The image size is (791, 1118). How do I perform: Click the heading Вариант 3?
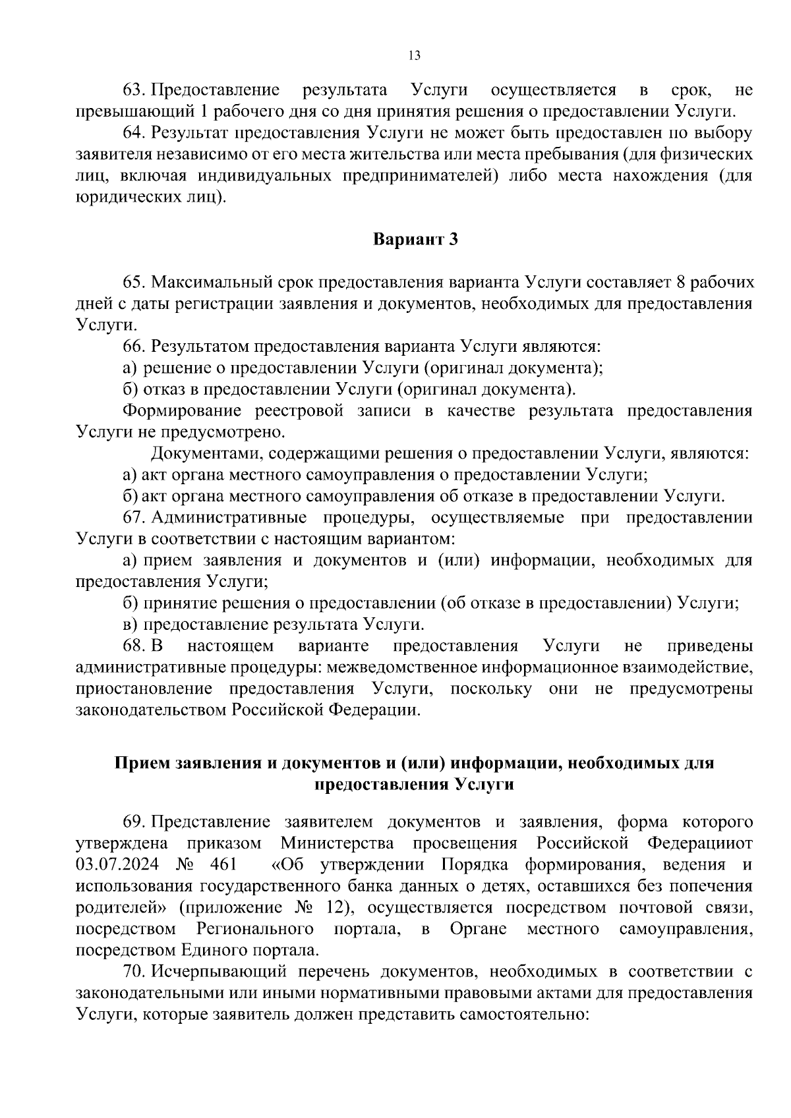(415, 239)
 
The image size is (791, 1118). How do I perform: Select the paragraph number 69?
(134, 822)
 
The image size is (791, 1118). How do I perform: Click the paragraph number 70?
(134, 972)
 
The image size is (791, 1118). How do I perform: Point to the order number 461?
(224, 864)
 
